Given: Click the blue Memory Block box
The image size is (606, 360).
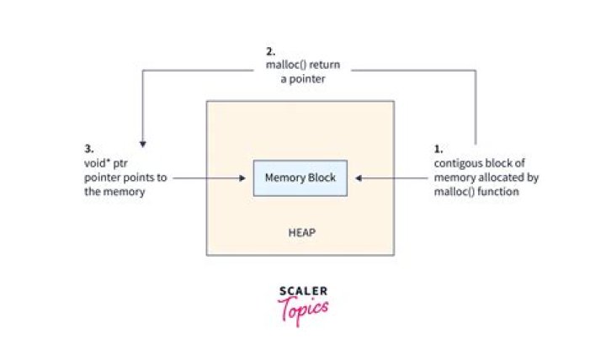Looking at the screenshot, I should pyautogui.click(x=300, y=177).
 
